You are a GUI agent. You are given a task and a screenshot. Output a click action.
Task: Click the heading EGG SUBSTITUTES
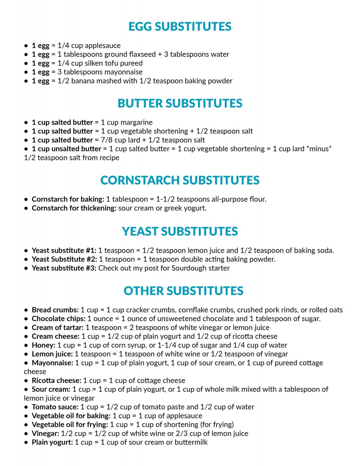[x=180, y=26]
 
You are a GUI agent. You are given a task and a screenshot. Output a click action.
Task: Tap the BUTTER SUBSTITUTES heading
[x=180, y=103]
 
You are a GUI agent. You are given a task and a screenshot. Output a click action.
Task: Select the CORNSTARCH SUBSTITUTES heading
[x=180, y=180]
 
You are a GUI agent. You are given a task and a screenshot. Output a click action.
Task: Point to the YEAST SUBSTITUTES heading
[x=180, y=231]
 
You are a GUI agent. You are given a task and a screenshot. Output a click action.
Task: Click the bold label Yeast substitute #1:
[x=64, y=250]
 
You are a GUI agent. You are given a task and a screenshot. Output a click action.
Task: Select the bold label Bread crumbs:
[x=55, y=310]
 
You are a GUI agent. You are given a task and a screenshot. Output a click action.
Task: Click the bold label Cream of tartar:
[x=57, y=327]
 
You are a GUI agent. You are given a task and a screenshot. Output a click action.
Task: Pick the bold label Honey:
[x=43, y=345]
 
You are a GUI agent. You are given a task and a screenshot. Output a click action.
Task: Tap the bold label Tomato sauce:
[x=55, y=407]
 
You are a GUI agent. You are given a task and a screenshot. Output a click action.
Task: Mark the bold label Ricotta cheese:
[x=57, y=381]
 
